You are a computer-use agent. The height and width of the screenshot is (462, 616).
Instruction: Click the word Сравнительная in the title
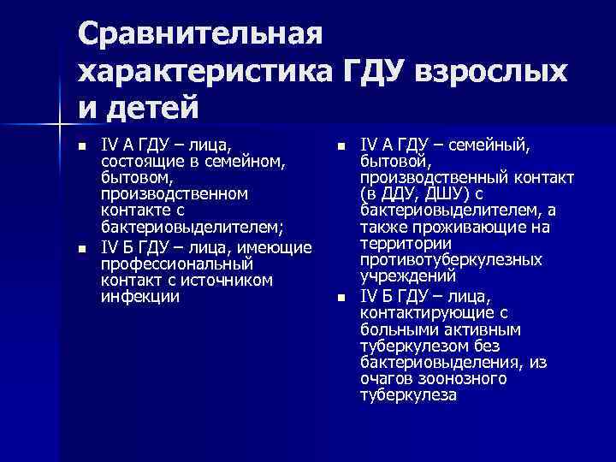click(199, 35)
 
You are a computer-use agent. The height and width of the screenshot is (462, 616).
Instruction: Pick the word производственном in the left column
click(175, 193)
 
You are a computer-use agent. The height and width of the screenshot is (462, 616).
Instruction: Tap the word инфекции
click(140, 296)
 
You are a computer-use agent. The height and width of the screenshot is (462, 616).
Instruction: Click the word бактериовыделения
click(434, 362)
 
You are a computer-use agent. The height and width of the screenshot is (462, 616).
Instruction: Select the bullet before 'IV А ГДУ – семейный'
click(341, 147)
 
